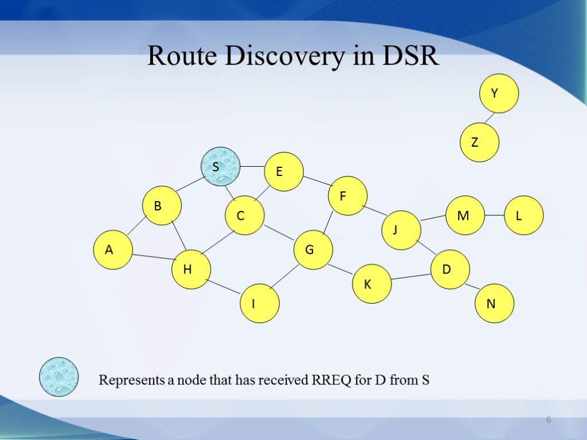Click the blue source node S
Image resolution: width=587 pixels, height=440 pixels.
pos(221,167)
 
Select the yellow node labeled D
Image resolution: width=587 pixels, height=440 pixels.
pos(450,269)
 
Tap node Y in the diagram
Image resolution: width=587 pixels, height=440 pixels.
pos(499,93)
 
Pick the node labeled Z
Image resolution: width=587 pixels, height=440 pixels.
pos(480,142)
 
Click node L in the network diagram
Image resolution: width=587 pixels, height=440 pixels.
pos(524,215)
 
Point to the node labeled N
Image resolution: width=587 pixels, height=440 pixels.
pos(495,304)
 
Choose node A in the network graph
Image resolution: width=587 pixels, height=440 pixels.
pos(113,250)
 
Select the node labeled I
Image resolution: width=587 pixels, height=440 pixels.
pos(260,304)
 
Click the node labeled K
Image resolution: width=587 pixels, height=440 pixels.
pos(372,284)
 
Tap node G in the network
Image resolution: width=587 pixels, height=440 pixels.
pos(313,250)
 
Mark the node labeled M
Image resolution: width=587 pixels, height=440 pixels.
pos(465,215)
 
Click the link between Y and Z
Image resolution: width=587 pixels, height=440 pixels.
pos(488,117)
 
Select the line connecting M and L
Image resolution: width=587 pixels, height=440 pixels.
pos(494,215)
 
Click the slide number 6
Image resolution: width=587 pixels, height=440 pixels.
pos(548,421)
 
